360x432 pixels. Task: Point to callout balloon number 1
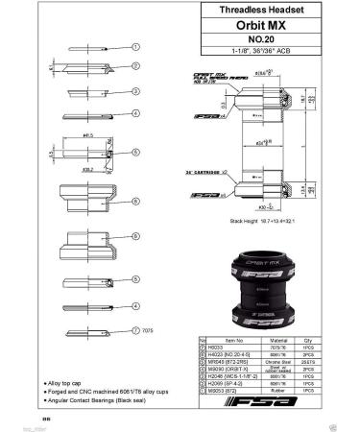pos(137,46)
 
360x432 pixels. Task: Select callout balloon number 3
pos(137,92)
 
